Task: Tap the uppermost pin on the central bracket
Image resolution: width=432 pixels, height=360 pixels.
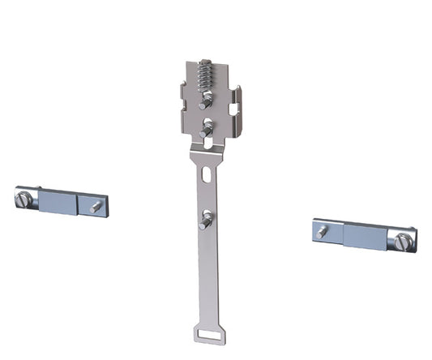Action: pyautogui.click(x=207, y=100)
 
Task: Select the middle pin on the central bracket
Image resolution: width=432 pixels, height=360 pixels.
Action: pyautogui.click(x=207, y=127)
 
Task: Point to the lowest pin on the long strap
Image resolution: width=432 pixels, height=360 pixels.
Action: pyautogui.click(x=206, y=218)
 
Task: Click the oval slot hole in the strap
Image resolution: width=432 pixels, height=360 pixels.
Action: pyautogui.click(x=207, y=174)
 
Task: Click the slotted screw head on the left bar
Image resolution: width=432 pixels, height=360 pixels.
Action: pyautogui.click(x=24, y=197)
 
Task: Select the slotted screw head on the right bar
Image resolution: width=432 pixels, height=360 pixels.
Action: pyautogui.click(x=403, y=240)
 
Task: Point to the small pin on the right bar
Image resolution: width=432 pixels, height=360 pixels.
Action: pyautogui.click(x=323, y=232)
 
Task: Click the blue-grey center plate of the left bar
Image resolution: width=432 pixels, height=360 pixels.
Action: pyautogui.click(x=57, y=201)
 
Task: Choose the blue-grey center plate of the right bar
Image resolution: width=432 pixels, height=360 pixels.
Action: pyautogui.click(x=366, y=236)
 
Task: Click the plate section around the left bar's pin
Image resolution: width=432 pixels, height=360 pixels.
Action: pyautogui.click(x=91, y=205)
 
